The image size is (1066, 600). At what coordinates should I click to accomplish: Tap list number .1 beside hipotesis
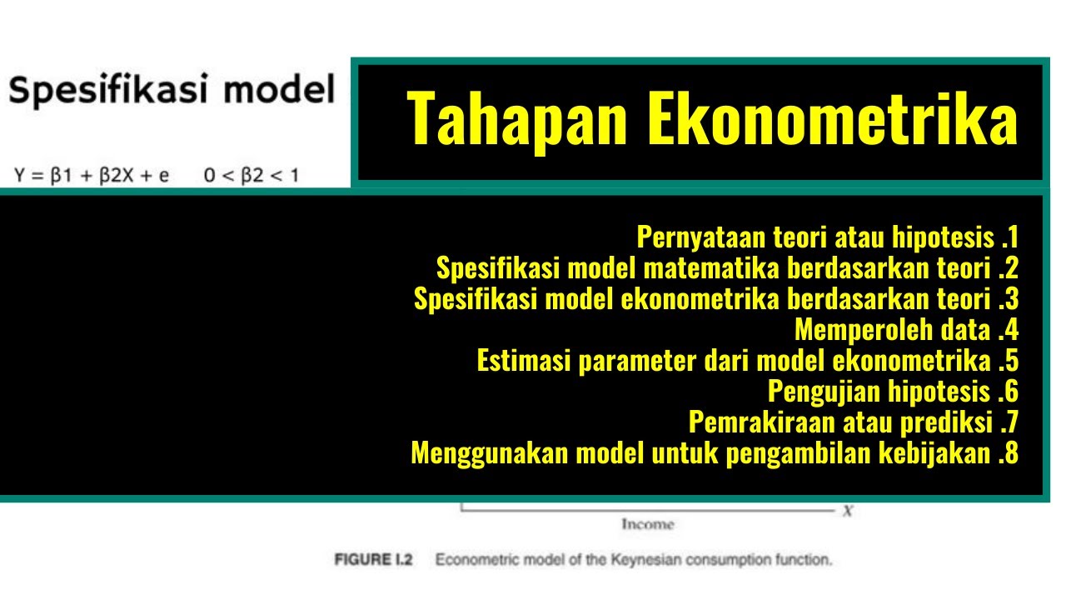coord(1009,237)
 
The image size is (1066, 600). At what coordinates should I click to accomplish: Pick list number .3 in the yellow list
coord(1008,299)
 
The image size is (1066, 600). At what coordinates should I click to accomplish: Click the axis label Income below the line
coord(647,525)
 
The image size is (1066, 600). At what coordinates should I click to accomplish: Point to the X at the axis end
coord(846,512)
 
